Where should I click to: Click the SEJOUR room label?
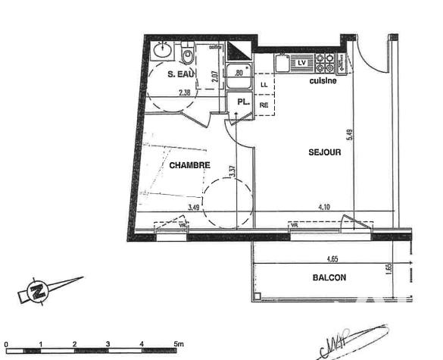click(324, 152)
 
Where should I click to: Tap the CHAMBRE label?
click(189, 165)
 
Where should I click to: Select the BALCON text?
click(329, 277)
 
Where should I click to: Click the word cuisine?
click(322, 80)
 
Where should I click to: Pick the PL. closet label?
click(242, 102)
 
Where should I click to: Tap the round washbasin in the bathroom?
click(161, 50)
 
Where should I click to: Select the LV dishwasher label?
click(301, 62)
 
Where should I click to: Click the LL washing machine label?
click(264, 85)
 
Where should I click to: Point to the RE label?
click(264, 105)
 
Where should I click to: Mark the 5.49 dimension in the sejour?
click(349, 134)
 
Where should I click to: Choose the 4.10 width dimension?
click(324, 206)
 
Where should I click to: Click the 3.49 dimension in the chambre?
click(193, 206)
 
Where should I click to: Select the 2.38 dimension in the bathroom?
click(184, 93)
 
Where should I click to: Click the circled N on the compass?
click(36, 291)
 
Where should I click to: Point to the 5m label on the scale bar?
click(178, 344)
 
